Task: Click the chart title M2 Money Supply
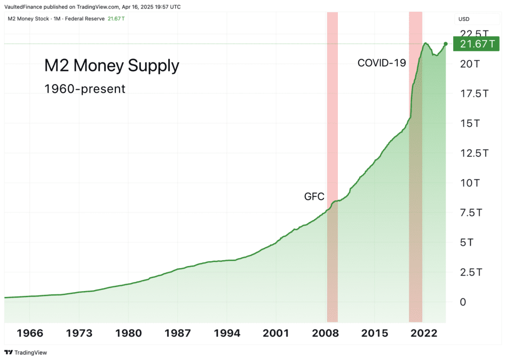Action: (x=111, y=66)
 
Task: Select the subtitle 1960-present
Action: (x=85, y=89)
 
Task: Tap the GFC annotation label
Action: (x=314, y=197)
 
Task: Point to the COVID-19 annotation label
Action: (x=381, y=63)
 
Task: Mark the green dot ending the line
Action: (x=446, y=43)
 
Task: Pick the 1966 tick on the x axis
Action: (x=29, y=333)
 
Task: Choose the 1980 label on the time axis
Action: (x=128, y=333)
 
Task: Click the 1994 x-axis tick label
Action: (x=227, y=333)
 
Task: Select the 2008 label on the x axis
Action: (x=325, y=333)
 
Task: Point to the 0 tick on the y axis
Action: (x=463, y=302)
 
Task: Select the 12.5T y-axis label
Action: (x=474, y=154)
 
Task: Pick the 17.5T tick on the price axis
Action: (x=474, y=94)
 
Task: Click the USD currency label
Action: (x=463, y=19)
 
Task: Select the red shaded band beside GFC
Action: (x=332, y=133)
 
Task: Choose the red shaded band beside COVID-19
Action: (x=415, y=160)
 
